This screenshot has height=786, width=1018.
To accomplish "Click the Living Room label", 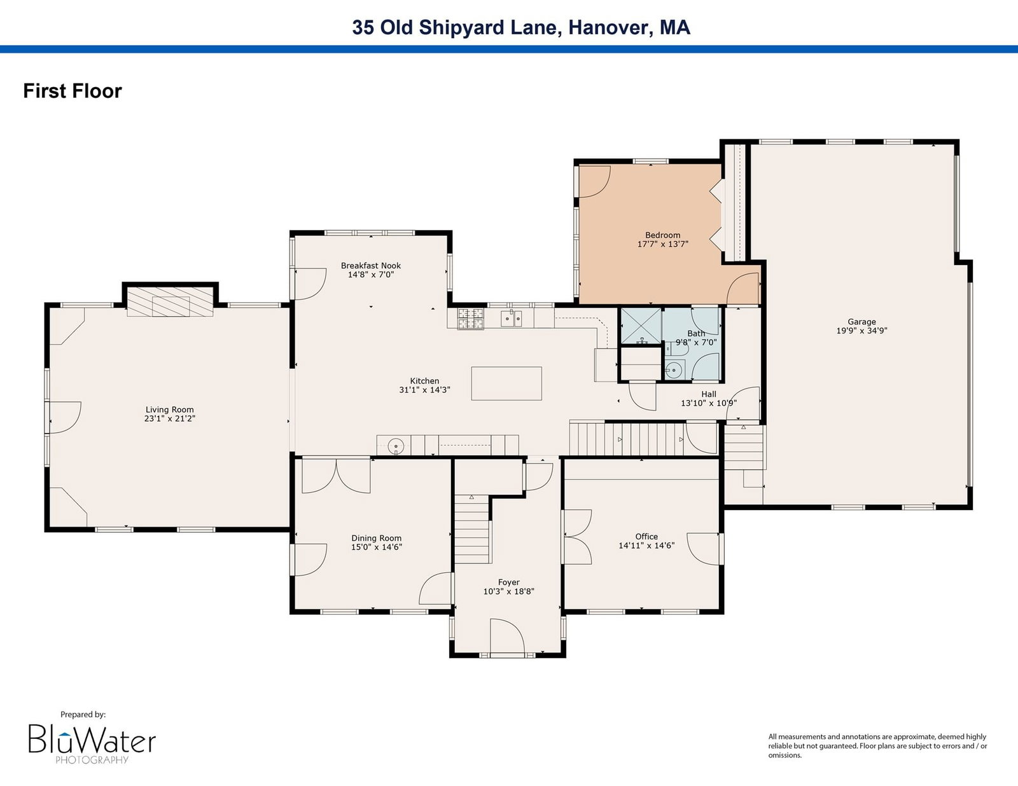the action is (x=169, y=410).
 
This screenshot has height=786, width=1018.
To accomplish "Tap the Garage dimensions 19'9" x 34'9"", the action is (x=861, y=331).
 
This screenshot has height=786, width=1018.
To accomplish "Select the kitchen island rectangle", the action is (x=506, y=383).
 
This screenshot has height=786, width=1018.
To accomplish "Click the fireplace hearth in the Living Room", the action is (x=170, y=301).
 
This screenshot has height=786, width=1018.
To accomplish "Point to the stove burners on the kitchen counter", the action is (x=470, y=319).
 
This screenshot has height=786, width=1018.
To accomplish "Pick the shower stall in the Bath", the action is (x=641, y=326).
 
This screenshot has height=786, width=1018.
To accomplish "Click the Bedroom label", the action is (x=662, y=235).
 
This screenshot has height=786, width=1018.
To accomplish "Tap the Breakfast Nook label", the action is (x=370, y=265).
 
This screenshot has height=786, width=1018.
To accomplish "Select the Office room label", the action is (x=646, y=537).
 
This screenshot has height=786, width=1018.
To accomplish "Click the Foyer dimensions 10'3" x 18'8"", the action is (x=509, y=591).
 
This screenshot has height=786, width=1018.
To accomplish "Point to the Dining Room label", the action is (x=376, y=539).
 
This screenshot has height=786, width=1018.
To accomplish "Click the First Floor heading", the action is (x=73, y=91).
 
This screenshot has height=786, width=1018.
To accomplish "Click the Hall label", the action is (x=708, y=394).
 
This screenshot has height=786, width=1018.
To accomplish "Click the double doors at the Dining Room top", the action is (x=336, y=476).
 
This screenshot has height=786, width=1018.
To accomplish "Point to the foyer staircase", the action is (x=471, y=528).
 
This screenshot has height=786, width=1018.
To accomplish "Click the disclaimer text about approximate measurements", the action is (x=877, y=746).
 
